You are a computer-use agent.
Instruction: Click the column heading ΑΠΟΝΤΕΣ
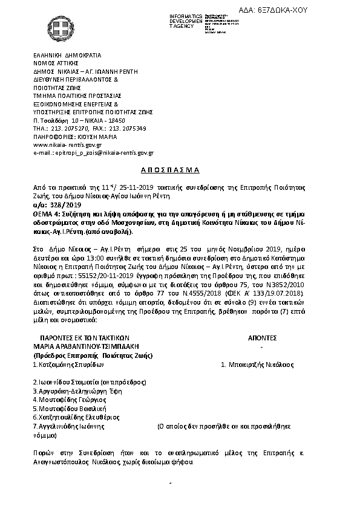coord(261,339)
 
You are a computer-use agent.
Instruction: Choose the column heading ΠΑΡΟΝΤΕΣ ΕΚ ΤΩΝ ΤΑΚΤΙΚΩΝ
coord(85,339)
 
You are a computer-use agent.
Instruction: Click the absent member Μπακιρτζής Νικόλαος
coord(257,365)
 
